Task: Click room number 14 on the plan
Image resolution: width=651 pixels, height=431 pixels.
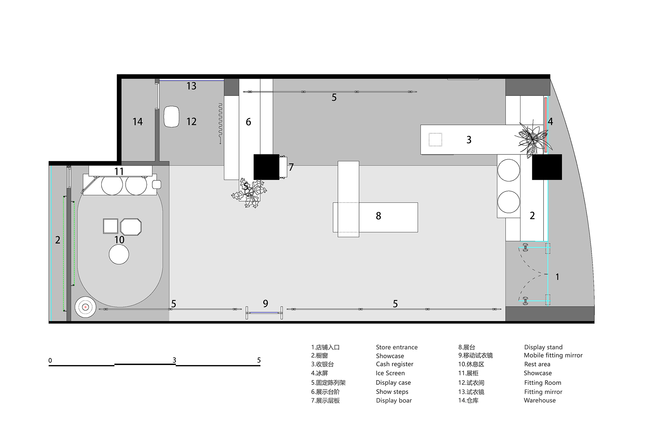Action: (138, 122)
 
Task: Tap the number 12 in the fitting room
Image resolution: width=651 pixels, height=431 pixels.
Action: (191, 122)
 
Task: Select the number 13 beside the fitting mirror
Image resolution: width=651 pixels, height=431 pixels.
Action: (191, 86)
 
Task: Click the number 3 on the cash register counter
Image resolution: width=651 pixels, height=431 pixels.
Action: (469, 140)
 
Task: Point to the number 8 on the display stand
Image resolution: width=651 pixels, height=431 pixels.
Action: (378, 216)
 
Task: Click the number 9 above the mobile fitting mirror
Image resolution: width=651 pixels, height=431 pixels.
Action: (266, 304)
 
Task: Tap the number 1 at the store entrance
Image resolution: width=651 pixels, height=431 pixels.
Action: (557, 277)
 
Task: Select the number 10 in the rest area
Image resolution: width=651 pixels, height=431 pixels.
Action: (119, 240)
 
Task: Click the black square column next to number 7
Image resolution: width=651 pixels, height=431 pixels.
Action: (266, 167)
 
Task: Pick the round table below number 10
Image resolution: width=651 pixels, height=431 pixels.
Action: (119, 254)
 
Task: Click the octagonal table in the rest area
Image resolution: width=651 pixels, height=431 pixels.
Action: (131, 227)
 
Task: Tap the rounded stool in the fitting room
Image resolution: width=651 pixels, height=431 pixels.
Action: (172, 116)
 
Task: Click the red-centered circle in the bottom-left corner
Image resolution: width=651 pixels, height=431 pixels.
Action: (85, 307)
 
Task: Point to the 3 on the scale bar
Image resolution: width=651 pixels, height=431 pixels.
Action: (174, 360)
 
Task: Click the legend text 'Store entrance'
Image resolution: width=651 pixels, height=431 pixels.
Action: (396, 347)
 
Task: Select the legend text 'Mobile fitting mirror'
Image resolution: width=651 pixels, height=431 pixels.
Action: (553, 355)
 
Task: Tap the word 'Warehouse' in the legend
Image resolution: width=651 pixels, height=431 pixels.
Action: (540, 400)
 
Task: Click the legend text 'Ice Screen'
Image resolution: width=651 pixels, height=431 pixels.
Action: (390, 373)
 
